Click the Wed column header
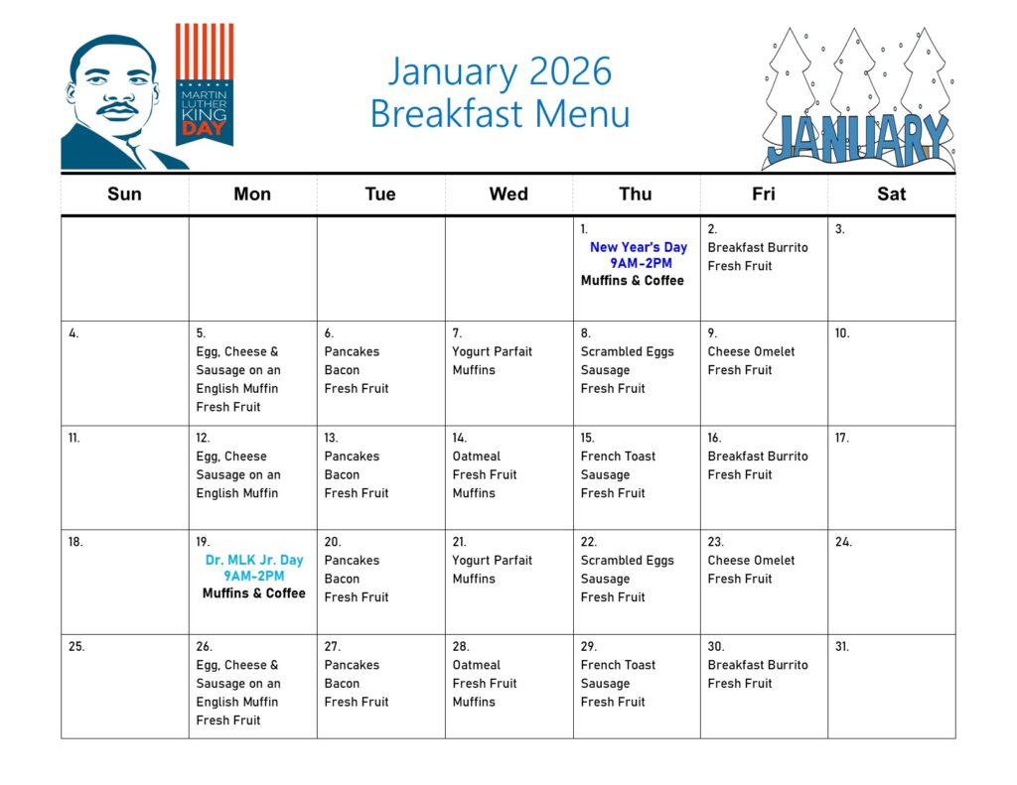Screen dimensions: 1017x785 (x=508, y=194)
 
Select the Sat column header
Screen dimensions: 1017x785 (x=891, y=194)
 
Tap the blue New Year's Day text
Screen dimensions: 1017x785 (x=639, y=247)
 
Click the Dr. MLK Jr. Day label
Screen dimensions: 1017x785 (x=254, y=560)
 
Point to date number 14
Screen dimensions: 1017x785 (x=459, y=439)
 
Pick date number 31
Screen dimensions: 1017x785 (x=842, y=647)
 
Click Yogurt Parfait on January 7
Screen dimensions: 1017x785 (x=492, y=352)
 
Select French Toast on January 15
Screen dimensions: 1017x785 (x=618, y=457)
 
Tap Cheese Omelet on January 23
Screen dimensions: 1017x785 (x=751, y=560)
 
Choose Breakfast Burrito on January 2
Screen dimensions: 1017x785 (x=758, y=248)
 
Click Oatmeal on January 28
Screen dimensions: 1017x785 (x=476, y=665)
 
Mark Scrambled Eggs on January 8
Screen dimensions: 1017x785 (x=628, y=352)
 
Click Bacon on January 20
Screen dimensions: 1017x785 (x=342, y=579)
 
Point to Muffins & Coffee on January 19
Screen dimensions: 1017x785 (x=253, y=593)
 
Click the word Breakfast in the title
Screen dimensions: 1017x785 (x=447, y=113)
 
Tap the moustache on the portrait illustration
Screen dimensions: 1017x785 (x=117, y=107)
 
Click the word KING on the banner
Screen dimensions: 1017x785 (x=205, y=115)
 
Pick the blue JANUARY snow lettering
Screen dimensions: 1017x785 (x=857, y=140)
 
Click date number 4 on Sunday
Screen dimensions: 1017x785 (x=73, y=333)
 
